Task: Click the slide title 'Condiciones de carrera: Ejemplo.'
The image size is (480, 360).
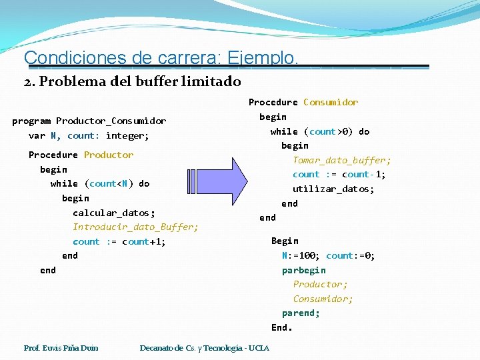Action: pyautogui.click(x=161, y=58)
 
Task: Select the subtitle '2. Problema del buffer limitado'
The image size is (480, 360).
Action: pyautogui.click(x=132, y=82)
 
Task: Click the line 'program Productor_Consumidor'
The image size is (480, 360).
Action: pyautogui.click(x=89, y=121)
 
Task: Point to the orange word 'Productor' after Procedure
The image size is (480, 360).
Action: pyautogui.click(x=109, y=155)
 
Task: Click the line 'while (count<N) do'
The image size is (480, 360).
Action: pyautogui.click(x=100, y=183)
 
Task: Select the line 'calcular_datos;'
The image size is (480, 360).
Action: pyautogui.click(x=114, y=213)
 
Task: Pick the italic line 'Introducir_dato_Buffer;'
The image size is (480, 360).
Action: pyautogui.click(x=135, y=227)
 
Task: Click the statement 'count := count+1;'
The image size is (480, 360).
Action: pyautogui.click(x=119, y=241)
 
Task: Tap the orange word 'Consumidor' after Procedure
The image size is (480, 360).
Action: pyautogui.click(x=331, y=102)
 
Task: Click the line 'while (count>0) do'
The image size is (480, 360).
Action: pyautogui.click(x=320, y=131)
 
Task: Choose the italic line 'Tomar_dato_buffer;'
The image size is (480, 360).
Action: pyautogui.click(x=342, y=160)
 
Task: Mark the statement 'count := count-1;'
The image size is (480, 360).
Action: pyautogui.click(x=339, y=175)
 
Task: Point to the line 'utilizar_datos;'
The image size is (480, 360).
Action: pyautogui.click(x=333, y=189)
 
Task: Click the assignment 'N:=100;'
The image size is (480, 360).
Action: pyautogui.click(x=301, y=255)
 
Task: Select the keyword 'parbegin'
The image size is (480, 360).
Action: pyautogui.click(x=304, y=270)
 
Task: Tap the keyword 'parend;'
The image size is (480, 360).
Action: pyautogui.click(x=301, y=313)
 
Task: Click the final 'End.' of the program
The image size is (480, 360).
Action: pyautogui.click(x=282, y=327)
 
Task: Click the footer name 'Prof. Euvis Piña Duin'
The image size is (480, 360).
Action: pyautogui.click(x=61, y=348)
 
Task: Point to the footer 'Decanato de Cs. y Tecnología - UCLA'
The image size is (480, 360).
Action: pyautogui.click(x=205, y=348)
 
